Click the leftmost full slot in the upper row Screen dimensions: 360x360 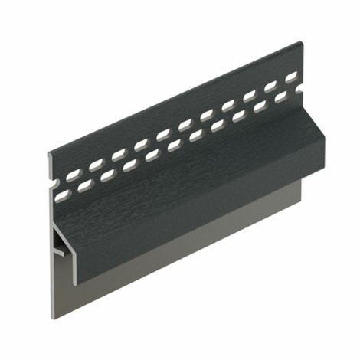(74, 175)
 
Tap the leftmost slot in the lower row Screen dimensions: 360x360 (62, 197)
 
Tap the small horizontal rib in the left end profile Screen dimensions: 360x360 (64, 251)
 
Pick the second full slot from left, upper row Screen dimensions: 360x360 (96, 165)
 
